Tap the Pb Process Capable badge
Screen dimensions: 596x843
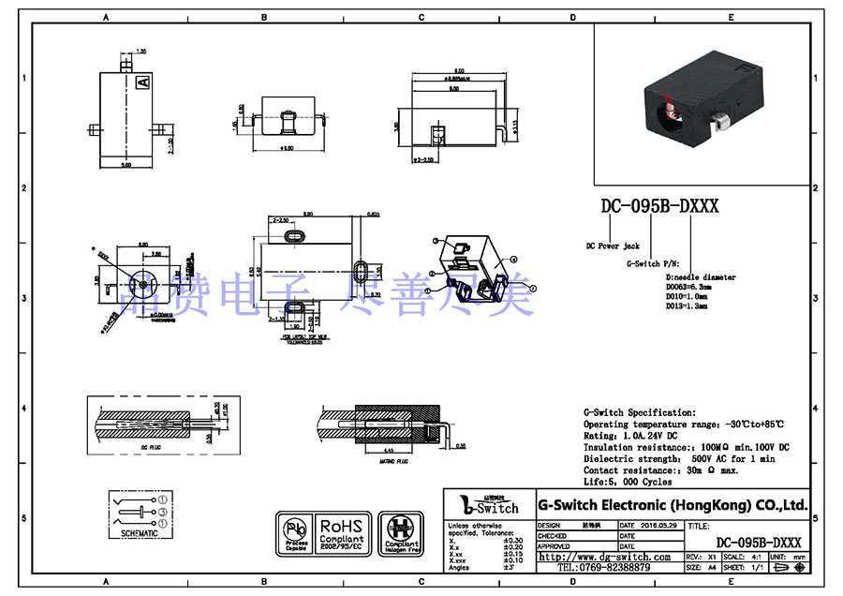295,533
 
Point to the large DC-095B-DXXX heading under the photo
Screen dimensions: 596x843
659,206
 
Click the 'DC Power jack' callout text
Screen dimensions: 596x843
613,246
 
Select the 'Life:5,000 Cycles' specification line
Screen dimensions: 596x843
628,482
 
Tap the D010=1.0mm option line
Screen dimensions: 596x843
688,296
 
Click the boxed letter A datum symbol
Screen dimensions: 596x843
143,83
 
